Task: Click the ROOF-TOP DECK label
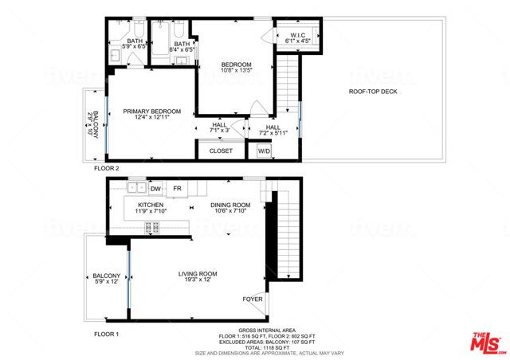372,92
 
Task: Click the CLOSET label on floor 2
221,151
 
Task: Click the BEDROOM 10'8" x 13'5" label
236,68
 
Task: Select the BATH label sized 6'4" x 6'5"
182,47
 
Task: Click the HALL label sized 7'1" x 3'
218,127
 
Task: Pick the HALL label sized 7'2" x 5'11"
273,130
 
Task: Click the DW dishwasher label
155,189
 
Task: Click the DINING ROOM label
230,208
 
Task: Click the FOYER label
253,299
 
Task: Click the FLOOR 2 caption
106,169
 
